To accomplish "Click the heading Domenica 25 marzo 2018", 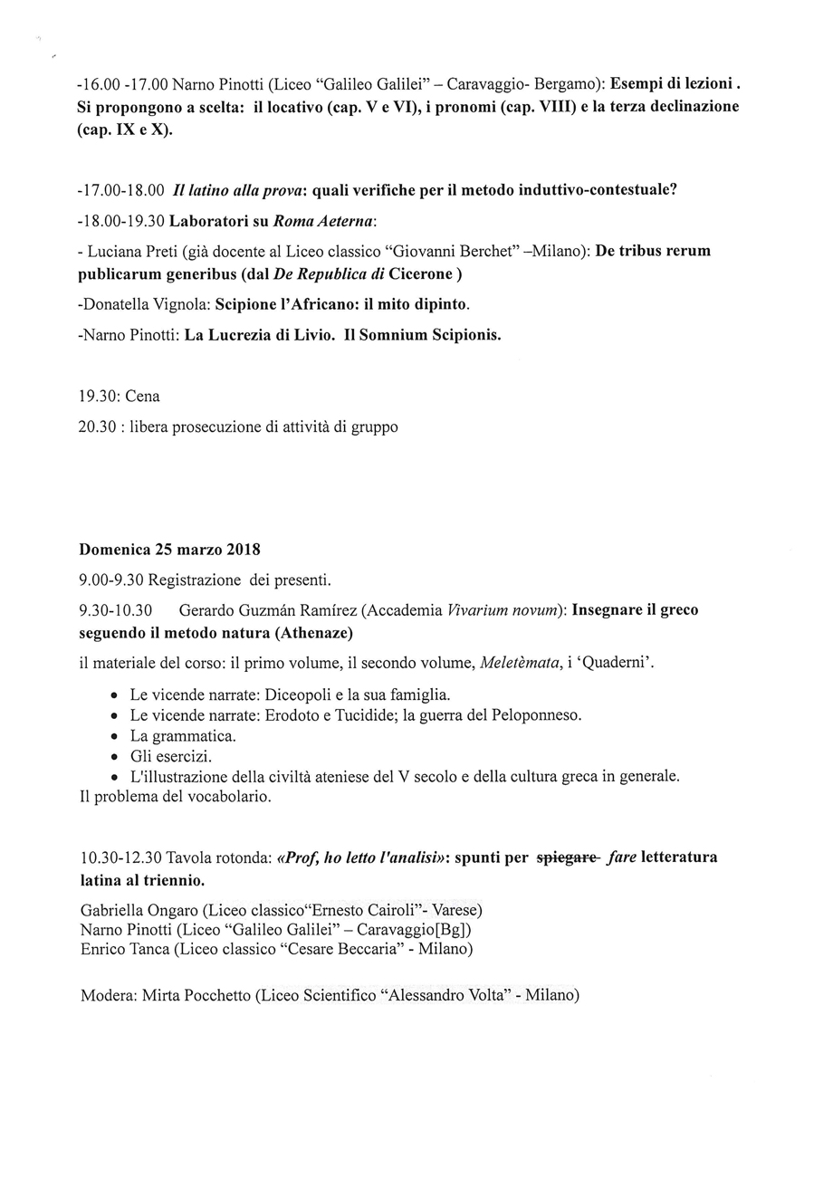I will click(169, 550).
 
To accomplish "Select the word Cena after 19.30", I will click(142, 397).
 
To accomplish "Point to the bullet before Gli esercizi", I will click(113, 757).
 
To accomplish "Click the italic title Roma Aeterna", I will click(333, 221).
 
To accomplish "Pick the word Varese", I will click(456, 909).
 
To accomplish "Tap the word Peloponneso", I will click(532, 715).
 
